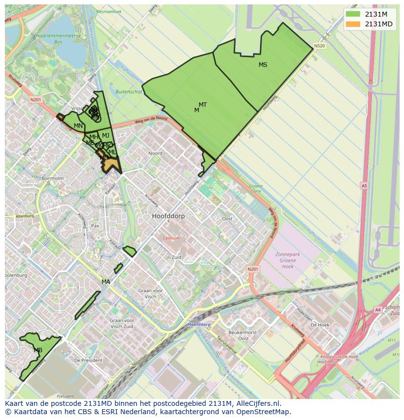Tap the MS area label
pyautogui.click(x=263, y=65)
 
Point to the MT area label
pyautogui.click(x=202, y=105)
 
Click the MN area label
pyautogui.click(x=78, y=126)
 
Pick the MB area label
pyautogui.click(x=38, y=350)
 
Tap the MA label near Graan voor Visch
pyautogui.click(x=106, y=282)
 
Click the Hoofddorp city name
pyautogui.click(x=168, y=216)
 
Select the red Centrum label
pyautogui.click(x=171, y=239)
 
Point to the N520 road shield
pyautogui.click(x=319, y=46)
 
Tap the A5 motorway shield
pyautogui.click(x=364, y=185)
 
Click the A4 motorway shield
pyautogui.click(x=378, y=309)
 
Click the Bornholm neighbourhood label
pyautogui.click(x=53, y=179)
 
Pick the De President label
pyautogui.click(x=88, y=360)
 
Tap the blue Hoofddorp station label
pyautogui.click(x=199, y=324)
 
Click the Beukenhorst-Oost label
pyautogui.click(x=239, y=335)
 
